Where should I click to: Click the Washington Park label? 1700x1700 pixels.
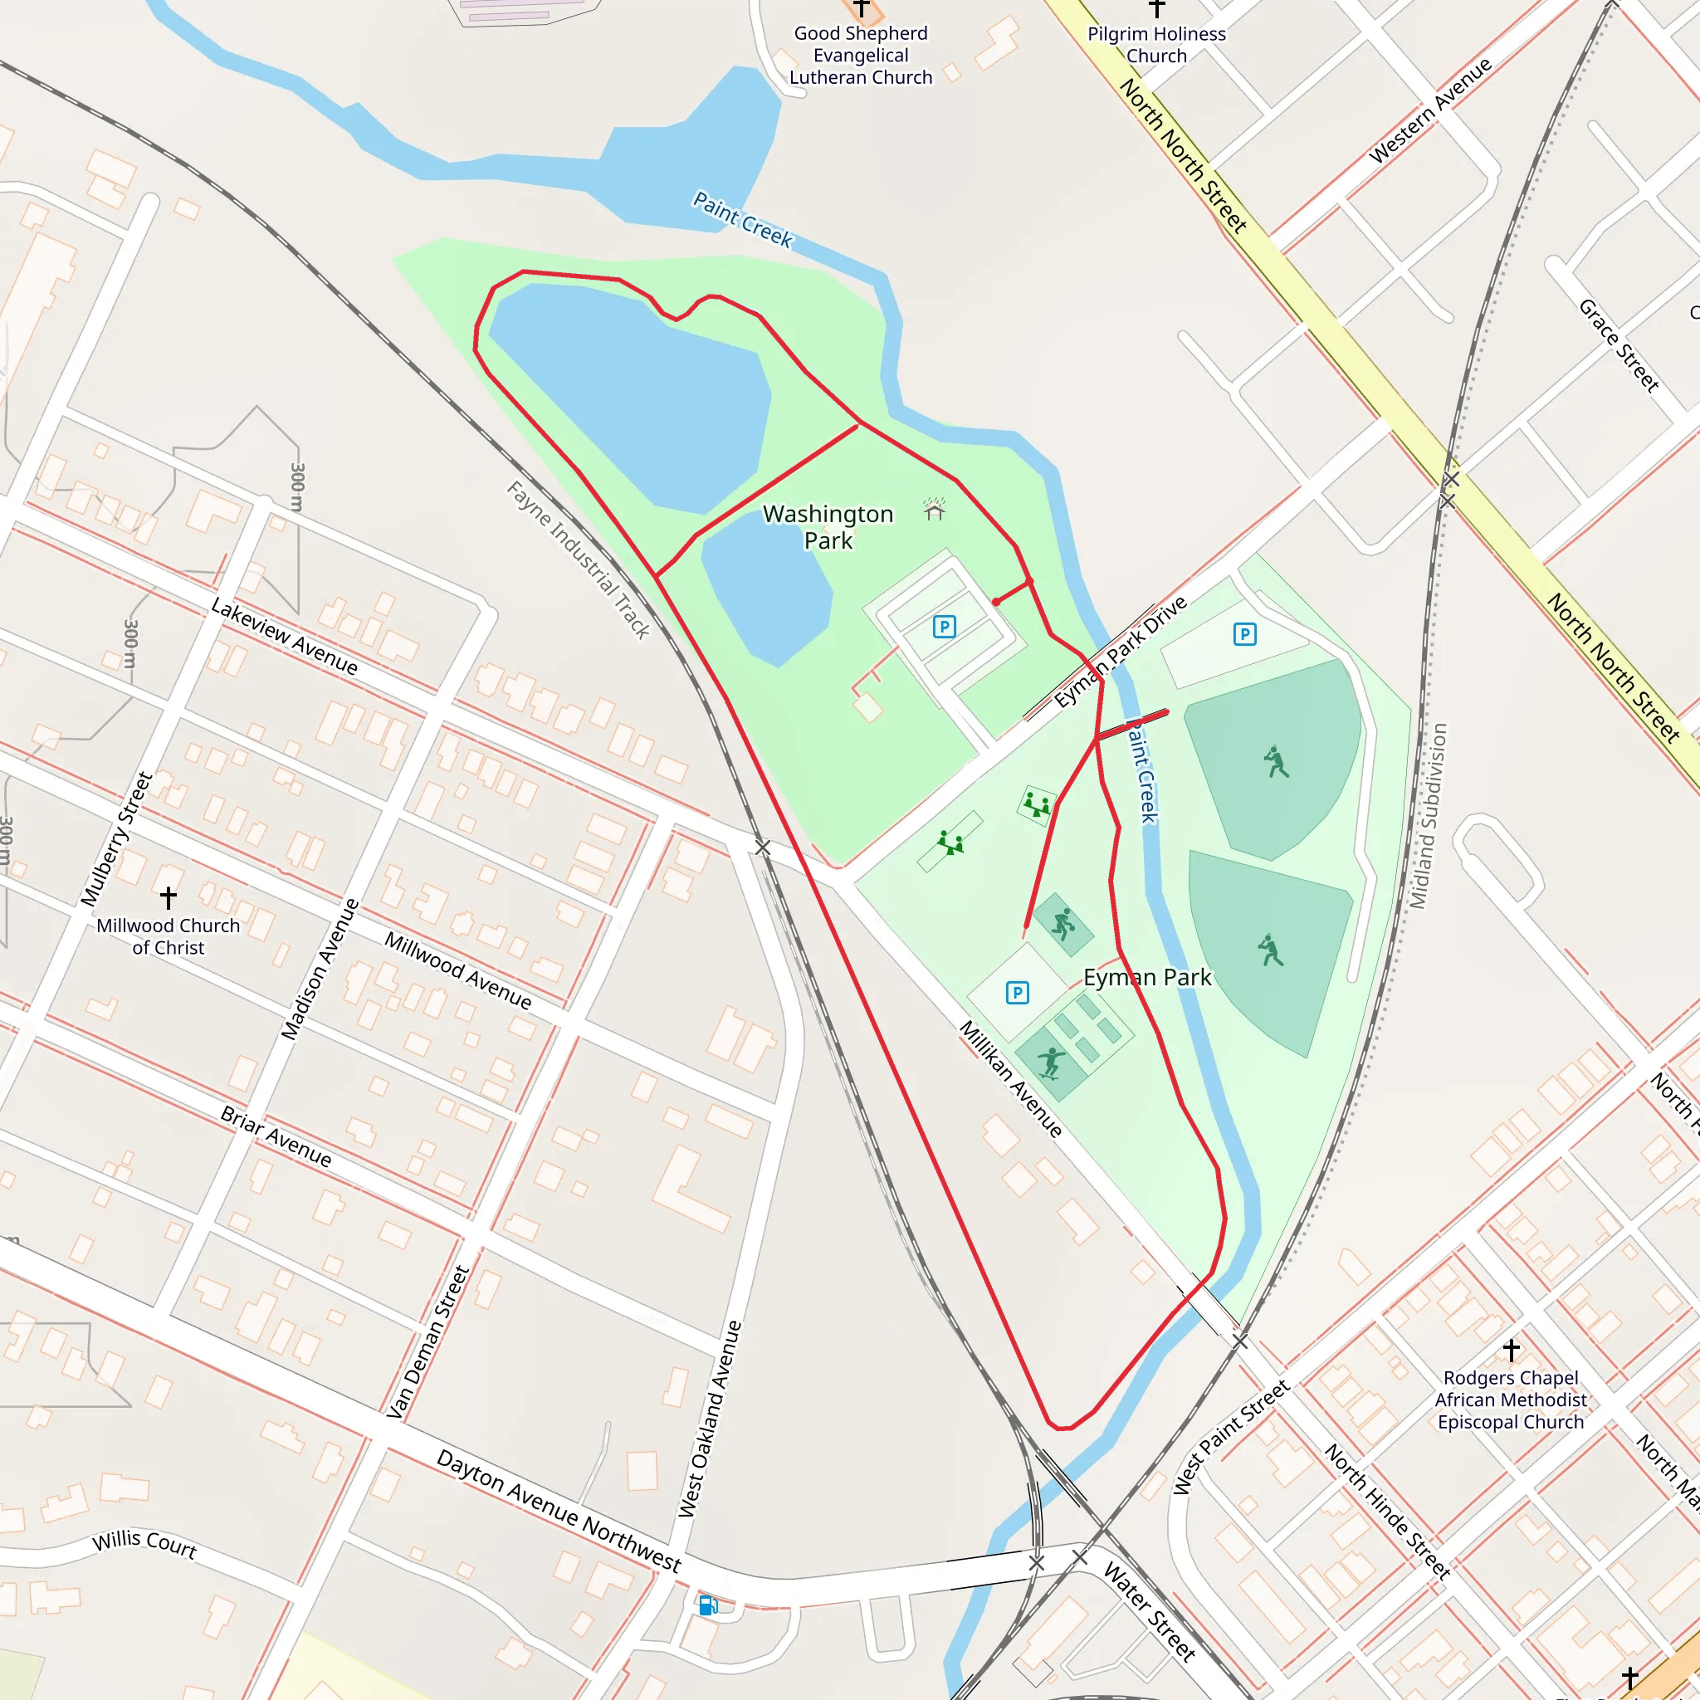(x=827, y=526)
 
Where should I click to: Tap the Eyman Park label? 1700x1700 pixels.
(x=1146, y=977)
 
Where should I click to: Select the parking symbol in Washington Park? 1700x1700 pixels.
(x=944, y=627)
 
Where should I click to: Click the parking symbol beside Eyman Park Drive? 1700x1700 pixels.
(x=1244, y=633)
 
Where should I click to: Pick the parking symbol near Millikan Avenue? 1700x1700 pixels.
(x=1017, y=993)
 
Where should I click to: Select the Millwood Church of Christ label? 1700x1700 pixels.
(x=168, y=936)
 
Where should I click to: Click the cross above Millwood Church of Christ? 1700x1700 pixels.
(x=168, y=897)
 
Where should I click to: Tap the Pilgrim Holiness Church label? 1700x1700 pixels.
(x=1156, y=45)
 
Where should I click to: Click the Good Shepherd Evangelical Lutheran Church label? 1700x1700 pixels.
(x=861, y=56)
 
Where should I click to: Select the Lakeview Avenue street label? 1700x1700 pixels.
(x=284, y=637)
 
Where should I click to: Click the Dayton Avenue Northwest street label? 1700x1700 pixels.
(x=558, y=1510)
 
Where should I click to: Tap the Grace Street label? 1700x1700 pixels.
(x=1618, y=345)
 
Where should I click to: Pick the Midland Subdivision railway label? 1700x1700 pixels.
(x=1428, y=816)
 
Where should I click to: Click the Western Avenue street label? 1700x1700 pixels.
(x=1430, y=111)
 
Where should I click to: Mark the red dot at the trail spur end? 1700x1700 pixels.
(x=995, y=602)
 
